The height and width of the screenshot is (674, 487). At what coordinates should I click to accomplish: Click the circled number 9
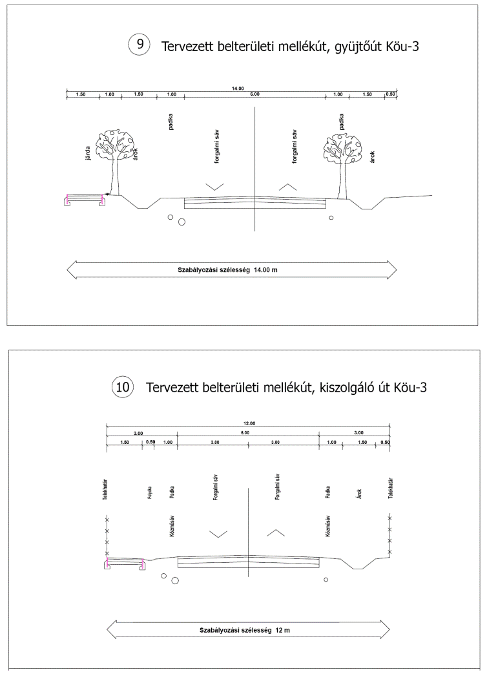[x=139, y=45]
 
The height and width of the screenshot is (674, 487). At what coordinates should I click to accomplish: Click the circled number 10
[x=121, y=388]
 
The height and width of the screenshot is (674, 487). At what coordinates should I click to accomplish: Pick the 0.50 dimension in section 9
[x=390, y=95]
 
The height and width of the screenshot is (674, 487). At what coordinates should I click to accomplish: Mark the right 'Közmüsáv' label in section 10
[x=329, y=526]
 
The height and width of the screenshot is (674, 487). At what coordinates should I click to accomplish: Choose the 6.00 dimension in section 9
[x=255, y=95]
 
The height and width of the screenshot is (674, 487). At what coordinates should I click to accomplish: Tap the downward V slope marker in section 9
[x=215, y=186]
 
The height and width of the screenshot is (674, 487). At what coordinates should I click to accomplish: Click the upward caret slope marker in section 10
[x=276, y=533]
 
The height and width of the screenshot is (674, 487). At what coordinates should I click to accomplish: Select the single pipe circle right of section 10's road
[x=326, y=579]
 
